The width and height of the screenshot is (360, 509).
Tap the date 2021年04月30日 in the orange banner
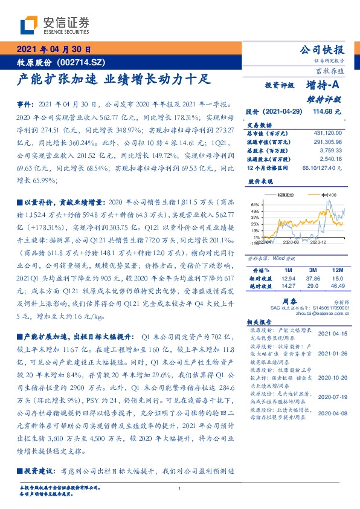[53, 50]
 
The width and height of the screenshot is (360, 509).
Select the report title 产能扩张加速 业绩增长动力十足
[112, 79]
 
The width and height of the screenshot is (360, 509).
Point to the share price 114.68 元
[327, 111]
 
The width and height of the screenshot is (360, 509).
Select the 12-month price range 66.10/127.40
[325, 167]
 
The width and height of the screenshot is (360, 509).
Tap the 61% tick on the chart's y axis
[256, 204]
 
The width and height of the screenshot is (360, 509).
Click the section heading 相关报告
[257, 323]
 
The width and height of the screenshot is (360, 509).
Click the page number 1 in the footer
[180, 488]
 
